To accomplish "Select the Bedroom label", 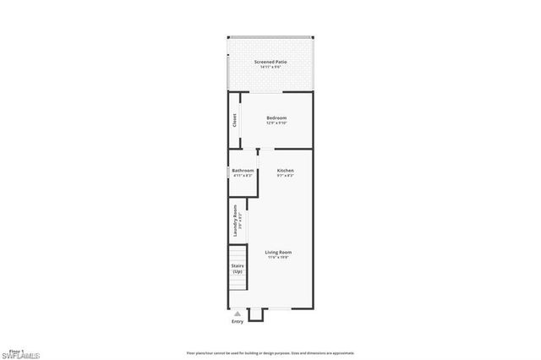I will tap(276, 117).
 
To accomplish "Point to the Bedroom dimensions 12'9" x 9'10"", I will tap(276, 123).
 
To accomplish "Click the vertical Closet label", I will tap(234, 123).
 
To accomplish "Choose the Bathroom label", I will tap(243, 170).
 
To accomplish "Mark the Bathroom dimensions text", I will tap(243, 176).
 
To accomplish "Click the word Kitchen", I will tap(286, 170).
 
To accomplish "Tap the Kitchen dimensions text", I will tap(286, 176).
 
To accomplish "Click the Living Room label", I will tap(278, 252).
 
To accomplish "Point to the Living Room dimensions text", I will tap(278, 258).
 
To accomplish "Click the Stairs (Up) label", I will tap(238, 269).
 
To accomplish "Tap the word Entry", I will tap(237, 321).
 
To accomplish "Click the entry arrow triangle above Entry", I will tap(237, 313).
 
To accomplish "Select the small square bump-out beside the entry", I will tap(256, 314).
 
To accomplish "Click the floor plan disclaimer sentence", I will tap(270, 353).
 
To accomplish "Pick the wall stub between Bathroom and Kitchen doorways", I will tap(258, 153).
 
